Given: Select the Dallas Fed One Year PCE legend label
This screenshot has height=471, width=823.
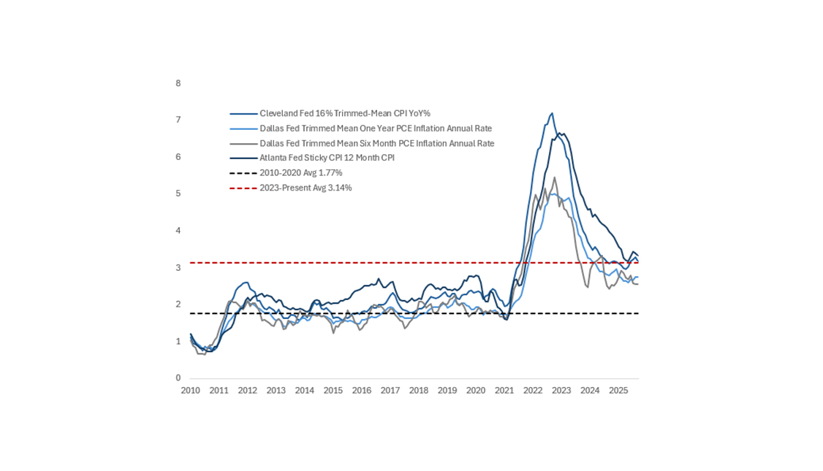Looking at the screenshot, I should [376, 129].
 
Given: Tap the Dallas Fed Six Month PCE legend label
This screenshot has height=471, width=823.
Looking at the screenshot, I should [376, 143].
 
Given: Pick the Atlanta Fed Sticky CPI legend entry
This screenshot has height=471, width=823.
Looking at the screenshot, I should [327, 158].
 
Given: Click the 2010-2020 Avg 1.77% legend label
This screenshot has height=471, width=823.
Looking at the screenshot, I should [300, 173].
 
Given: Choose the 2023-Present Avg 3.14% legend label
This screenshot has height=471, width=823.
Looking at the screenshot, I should [306, 188].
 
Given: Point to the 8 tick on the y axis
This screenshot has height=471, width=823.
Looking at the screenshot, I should [178, 83].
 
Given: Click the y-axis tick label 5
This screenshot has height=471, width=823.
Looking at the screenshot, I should [178, 194].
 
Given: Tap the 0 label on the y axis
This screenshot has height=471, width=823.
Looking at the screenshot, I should [178, 378].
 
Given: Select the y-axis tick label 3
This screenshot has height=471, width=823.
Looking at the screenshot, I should [178, 268].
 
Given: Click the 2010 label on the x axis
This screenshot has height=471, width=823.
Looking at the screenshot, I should [190, 391].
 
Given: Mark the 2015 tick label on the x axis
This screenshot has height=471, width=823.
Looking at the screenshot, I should [333, 391].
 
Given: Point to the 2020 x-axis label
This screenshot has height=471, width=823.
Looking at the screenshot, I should [476, 391].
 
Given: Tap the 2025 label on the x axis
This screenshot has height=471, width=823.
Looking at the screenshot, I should [618, 391].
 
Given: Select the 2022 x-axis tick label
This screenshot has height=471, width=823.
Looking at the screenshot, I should [533, 391].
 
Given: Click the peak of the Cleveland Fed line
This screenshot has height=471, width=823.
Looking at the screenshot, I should [552, 113].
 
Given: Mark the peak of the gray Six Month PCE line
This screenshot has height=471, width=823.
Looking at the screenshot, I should [555, 177].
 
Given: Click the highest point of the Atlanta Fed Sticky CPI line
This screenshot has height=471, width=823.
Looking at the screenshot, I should [559, 133].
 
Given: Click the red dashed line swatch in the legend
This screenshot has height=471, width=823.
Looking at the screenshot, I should [243, 188].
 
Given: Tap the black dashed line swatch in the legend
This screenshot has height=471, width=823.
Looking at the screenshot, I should [243, 173].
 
